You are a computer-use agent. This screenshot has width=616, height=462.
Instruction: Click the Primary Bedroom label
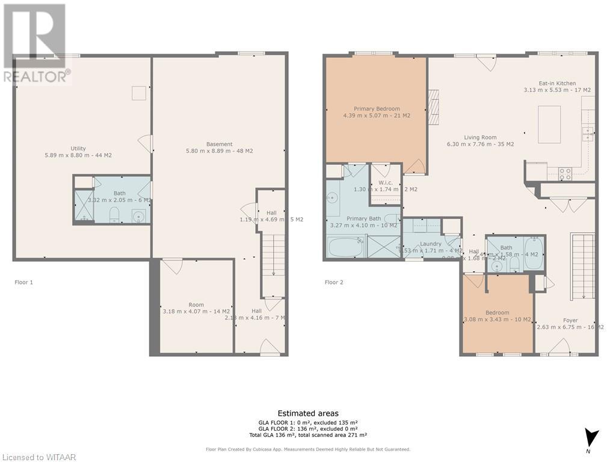tap(377, 109)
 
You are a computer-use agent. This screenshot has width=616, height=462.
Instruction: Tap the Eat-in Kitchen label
tap(557, 84)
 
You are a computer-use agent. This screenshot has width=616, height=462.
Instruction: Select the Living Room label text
tap(480, 138)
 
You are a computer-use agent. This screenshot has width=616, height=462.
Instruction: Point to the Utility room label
tap(78, 149)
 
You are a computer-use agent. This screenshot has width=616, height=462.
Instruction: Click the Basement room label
tap(220, 144)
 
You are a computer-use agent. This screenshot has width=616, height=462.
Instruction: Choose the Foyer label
tap(570, 321)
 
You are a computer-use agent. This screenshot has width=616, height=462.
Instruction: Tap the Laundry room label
tap(431, 244)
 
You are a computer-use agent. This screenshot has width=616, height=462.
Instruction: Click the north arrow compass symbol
tap(593, 438)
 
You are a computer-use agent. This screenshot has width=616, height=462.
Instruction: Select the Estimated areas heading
tap(307, 413)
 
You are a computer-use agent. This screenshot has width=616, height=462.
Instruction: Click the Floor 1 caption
tap(25, 282)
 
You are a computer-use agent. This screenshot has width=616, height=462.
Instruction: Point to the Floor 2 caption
tap(334, 282)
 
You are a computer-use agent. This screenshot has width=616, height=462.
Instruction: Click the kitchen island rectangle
tap(549, 124)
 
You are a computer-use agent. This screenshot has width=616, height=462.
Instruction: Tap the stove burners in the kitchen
tap(565, 174)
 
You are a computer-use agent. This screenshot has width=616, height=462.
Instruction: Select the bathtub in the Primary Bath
tap(346, 247)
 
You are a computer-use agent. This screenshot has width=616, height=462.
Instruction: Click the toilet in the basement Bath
tap(115, 215)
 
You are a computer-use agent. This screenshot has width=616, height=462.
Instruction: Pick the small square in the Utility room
tap(140, 93)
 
